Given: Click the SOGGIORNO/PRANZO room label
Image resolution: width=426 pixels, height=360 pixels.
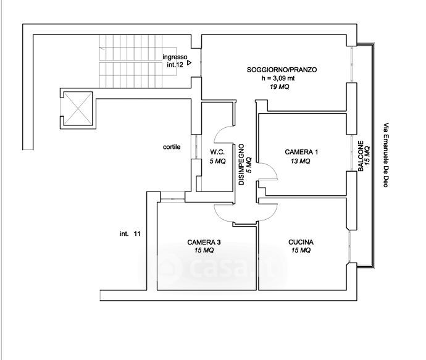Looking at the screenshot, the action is pos(282,70).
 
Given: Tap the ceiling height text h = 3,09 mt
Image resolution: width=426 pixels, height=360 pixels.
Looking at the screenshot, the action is pos(278,78).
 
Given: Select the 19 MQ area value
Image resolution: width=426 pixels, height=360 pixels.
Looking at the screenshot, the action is pos(280,87).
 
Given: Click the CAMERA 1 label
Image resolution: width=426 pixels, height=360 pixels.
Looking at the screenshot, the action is pos(301,152).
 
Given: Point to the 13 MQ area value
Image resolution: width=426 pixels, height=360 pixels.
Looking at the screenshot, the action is pos(301,161).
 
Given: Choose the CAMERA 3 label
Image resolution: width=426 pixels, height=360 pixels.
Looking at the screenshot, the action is pos(204,242).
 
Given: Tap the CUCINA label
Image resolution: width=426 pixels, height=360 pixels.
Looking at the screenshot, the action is pos(301,242).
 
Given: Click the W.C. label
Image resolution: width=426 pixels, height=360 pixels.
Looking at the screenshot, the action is pos(217,152).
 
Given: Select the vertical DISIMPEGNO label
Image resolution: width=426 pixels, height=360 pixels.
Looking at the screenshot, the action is pos(241,164).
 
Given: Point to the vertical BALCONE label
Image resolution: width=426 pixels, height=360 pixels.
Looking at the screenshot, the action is pos(361,156).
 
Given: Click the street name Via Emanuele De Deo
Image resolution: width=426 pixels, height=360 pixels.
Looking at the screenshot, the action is pos(386,155).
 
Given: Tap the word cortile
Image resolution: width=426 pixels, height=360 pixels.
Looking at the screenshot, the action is pos(172,147).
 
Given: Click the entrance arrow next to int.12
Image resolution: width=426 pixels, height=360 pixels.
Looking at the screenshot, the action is pos(189,63).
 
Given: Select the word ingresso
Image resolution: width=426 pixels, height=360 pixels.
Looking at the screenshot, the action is pos(175,57).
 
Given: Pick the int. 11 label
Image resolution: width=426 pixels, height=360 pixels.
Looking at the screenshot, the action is pos(130,233).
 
